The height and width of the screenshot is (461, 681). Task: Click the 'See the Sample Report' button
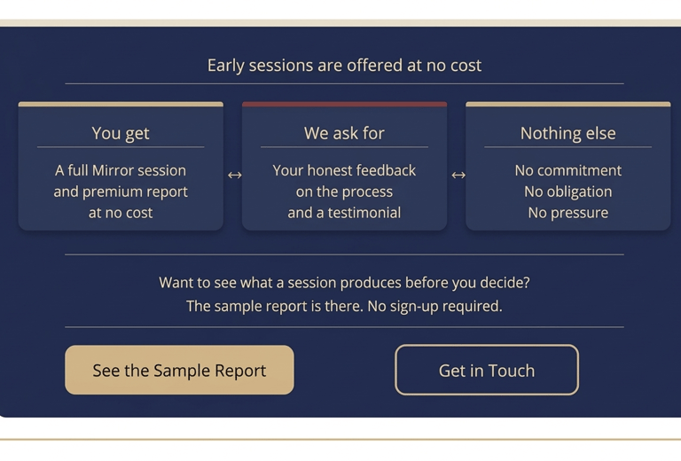(179, 370)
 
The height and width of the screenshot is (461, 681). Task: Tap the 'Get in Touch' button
(487, 370)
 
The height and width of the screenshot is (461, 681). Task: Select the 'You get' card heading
(121, 133)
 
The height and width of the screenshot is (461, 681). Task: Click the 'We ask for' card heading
(344, 133)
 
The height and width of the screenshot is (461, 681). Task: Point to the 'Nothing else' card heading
(568, 133)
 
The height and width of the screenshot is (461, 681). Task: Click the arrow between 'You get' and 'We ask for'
(234, 175)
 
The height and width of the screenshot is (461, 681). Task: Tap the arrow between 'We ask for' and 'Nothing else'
(458, 175)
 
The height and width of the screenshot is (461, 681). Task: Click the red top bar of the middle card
(344, 105)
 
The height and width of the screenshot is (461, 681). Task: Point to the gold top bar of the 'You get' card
(121, 105)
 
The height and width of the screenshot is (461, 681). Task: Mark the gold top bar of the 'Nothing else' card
(568, 105)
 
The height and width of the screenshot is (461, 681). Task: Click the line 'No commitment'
(568, 170)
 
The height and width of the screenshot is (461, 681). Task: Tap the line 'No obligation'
(568, 191)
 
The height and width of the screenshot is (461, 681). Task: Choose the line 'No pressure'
(568, 213)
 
